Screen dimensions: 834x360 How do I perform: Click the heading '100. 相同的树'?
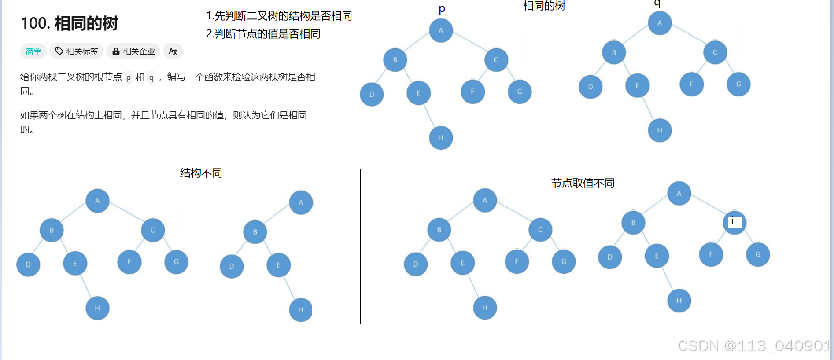(69, 23)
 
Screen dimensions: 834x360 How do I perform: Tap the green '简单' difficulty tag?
(33, 51)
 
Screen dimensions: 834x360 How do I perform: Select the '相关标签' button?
(77, 51)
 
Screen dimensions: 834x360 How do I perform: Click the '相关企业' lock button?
(134, 51)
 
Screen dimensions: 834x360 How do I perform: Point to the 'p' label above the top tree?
(442, 9)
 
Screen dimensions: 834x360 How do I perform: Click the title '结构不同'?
(201, 173)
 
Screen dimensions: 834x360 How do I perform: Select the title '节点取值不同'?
(583, 183)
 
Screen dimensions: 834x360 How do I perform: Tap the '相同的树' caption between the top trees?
(544, 6)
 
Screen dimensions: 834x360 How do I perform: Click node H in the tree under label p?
(441, 138)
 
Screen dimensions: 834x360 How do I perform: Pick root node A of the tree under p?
(441, 31)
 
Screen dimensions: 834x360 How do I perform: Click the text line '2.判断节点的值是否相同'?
(263, 34)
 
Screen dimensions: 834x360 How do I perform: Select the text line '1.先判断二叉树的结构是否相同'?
(279, 16)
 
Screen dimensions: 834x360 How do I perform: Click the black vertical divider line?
(360, 246)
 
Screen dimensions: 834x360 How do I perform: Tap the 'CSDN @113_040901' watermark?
(754, 346)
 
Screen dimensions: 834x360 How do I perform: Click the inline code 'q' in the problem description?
(151, 77)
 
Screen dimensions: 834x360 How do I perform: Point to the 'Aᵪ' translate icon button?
(173, 51)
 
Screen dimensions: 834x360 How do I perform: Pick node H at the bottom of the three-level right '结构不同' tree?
(301, 310)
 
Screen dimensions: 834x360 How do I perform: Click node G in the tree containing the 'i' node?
(758, 254)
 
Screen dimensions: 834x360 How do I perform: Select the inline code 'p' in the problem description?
(129, 77)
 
